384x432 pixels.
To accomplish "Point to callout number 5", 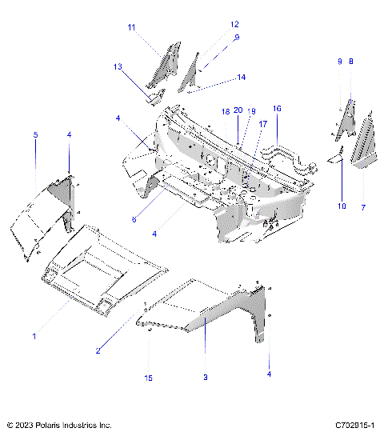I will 35,136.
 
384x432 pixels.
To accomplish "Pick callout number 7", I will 364,207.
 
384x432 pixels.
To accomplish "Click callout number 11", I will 130,27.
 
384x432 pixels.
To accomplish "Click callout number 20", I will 238,111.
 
